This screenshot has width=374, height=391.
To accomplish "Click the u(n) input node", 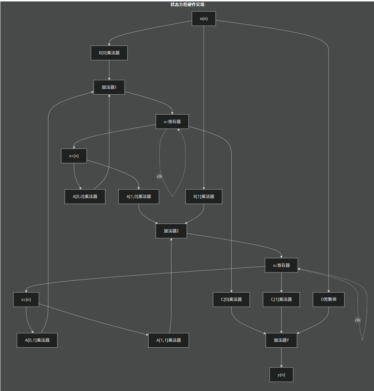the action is (204, 18).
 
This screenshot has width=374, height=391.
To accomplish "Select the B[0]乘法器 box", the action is (109, 53).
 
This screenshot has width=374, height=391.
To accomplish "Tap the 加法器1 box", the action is (109, 87).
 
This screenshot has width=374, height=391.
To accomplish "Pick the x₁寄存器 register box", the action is (172, 122).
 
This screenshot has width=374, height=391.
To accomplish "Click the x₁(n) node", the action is (74, 156).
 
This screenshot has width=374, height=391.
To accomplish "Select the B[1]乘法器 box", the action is (204, 197).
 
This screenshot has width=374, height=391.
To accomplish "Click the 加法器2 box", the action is (171, 231).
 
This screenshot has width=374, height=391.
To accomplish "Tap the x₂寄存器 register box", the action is (281, 265).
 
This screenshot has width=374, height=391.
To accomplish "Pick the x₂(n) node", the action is (26, 299).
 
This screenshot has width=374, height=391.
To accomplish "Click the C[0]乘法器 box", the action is (231, 299).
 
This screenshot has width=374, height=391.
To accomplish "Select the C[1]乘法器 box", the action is (281, 299).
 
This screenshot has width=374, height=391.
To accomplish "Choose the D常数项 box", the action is (329, 299).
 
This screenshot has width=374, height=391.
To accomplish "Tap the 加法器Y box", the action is (281, 340).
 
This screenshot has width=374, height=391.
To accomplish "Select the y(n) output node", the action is (281, 375).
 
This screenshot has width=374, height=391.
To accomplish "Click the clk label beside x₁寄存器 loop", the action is (160, 176).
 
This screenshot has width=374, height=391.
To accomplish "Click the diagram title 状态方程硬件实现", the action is (187, 5).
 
